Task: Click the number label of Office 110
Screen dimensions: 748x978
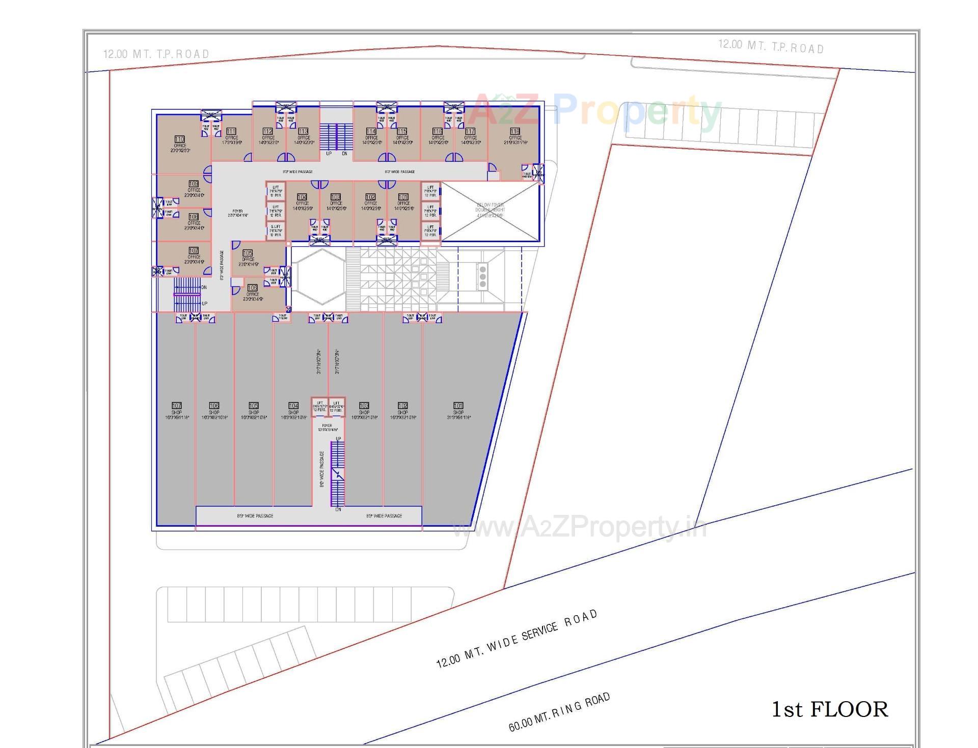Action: click(x=179, y=139)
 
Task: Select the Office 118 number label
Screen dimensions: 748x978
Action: click(x=515, y=131)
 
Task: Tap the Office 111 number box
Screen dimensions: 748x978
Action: click(x=231, y=131)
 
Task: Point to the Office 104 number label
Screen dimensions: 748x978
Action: click(x=302, y=197)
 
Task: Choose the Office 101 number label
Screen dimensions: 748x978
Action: click(x=403, y=197)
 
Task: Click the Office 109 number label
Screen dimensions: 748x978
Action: click(x=194, y=184)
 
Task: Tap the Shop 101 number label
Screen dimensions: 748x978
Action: click(x=458, y=406)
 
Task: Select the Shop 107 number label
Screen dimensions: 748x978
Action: click(x=176, y=406)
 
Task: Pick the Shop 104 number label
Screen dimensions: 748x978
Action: click(x=293, y=406)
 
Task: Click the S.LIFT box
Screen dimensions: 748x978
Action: click(x=276, y=231)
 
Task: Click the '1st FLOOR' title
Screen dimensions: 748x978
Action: click(x=830, y=709)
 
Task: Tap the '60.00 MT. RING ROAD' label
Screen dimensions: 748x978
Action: click(x=559, y=712)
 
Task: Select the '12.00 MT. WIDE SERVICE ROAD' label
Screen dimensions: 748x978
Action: click(x=517, y=639)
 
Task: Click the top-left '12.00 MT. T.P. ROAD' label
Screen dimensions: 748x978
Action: click(x=156, y=54)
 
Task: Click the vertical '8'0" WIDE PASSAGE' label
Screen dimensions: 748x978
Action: click(x=322, y=469)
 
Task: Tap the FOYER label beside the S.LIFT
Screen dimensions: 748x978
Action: click(x=237, y=213)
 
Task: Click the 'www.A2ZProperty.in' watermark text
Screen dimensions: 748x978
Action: click(x=580, y=528)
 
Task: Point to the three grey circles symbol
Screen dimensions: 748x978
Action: click(x=482, y=276)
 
